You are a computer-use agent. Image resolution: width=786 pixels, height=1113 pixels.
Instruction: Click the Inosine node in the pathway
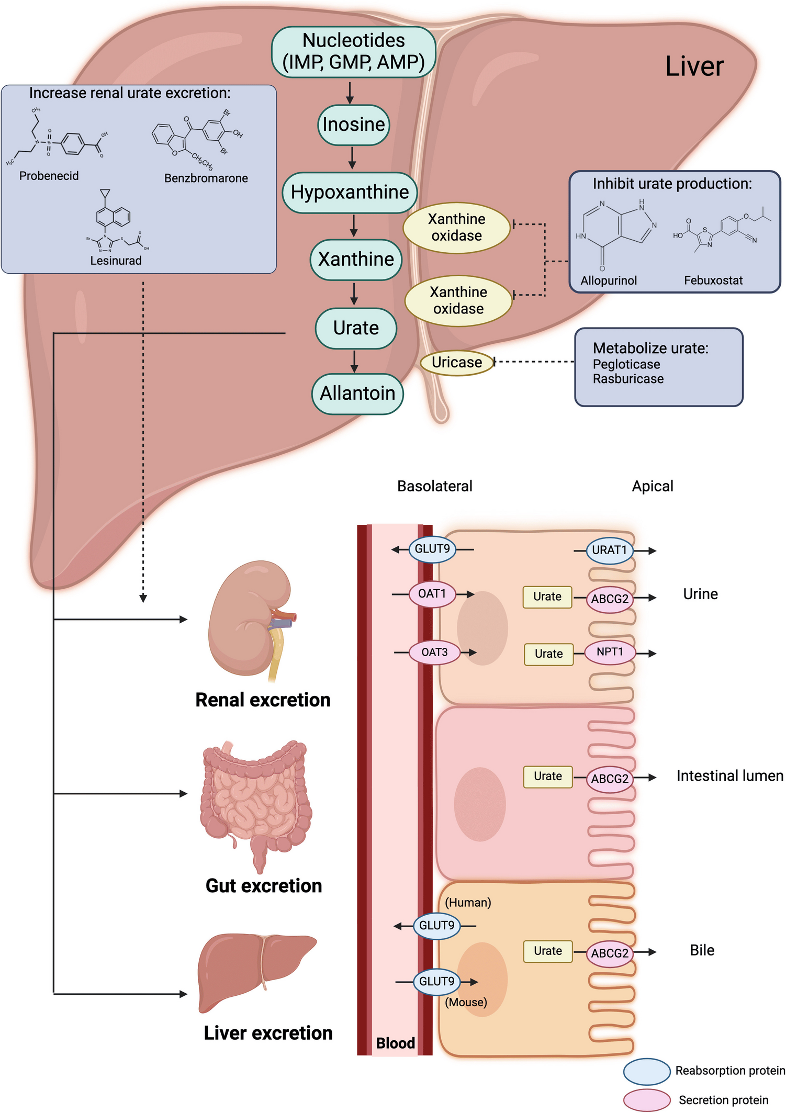[x=354, y=125]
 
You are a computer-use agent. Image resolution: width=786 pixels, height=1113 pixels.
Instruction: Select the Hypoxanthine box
[x=350, y=192]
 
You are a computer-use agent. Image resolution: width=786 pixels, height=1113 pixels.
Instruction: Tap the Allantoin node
[x=357, y=393]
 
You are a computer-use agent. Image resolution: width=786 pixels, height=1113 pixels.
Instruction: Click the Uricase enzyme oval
[x=457, y=362]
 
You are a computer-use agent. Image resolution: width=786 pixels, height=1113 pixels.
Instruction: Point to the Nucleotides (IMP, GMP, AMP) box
[x=354, y=51]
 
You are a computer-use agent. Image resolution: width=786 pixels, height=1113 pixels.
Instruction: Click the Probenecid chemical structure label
[x=49, y=176]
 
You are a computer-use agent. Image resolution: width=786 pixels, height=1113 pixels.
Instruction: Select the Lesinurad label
[x=116, y=261]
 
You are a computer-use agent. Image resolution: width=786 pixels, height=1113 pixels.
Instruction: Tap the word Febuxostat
[x=713, y=280]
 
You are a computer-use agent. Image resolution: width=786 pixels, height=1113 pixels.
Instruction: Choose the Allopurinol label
[x=609, y=280]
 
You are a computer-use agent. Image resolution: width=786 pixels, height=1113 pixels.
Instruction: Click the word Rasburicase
[x=628, y=379]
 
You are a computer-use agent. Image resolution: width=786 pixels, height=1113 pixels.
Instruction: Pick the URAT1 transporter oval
[x=609, y=550]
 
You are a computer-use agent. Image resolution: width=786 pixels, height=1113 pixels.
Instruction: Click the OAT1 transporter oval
[x=432, y=594]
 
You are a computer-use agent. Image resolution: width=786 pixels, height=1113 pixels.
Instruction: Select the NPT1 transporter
[x=610, y=652]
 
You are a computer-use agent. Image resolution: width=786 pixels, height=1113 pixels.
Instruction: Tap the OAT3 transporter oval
[x=434, y=653]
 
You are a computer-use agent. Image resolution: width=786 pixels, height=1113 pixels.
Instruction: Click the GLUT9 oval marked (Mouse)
[x=436, y=982]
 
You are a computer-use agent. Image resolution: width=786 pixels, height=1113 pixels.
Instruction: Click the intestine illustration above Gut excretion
[x=256, y=801]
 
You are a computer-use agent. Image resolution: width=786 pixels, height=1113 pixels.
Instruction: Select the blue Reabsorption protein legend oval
[x=647, y=1071]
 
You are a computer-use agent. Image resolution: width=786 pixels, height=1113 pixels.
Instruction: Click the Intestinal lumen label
[x=729, y=775]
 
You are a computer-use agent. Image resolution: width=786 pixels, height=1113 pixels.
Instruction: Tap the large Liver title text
[x=694, y=66]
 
